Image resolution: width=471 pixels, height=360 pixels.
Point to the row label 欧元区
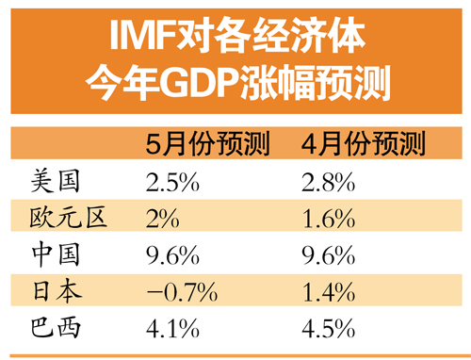(x=69, y=218)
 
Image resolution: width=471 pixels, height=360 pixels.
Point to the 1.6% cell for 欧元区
(x=329, y=218)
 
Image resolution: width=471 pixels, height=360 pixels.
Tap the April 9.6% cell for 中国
(x=329, y=254)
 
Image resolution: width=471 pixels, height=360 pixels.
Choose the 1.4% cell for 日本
(x=329, y=291)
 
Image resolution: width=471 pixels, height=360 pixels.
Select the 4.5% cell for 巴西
(x=329, y=329)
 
